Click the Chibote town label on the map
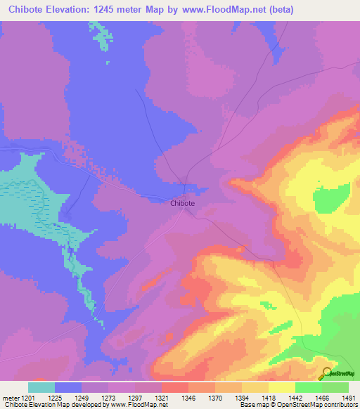click(x=182, y=203)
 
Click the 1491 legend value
click(x=349, y=397)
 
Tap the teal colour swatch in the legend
click(x=41, y=387)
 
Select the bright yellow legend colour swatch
click(x=282, y=387)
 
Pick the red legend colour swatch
click(x=175, y=387)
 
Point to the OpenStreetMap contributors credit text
click(x=316, y=405)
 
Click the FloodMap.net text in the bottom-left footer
click(x=141, y=405)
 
